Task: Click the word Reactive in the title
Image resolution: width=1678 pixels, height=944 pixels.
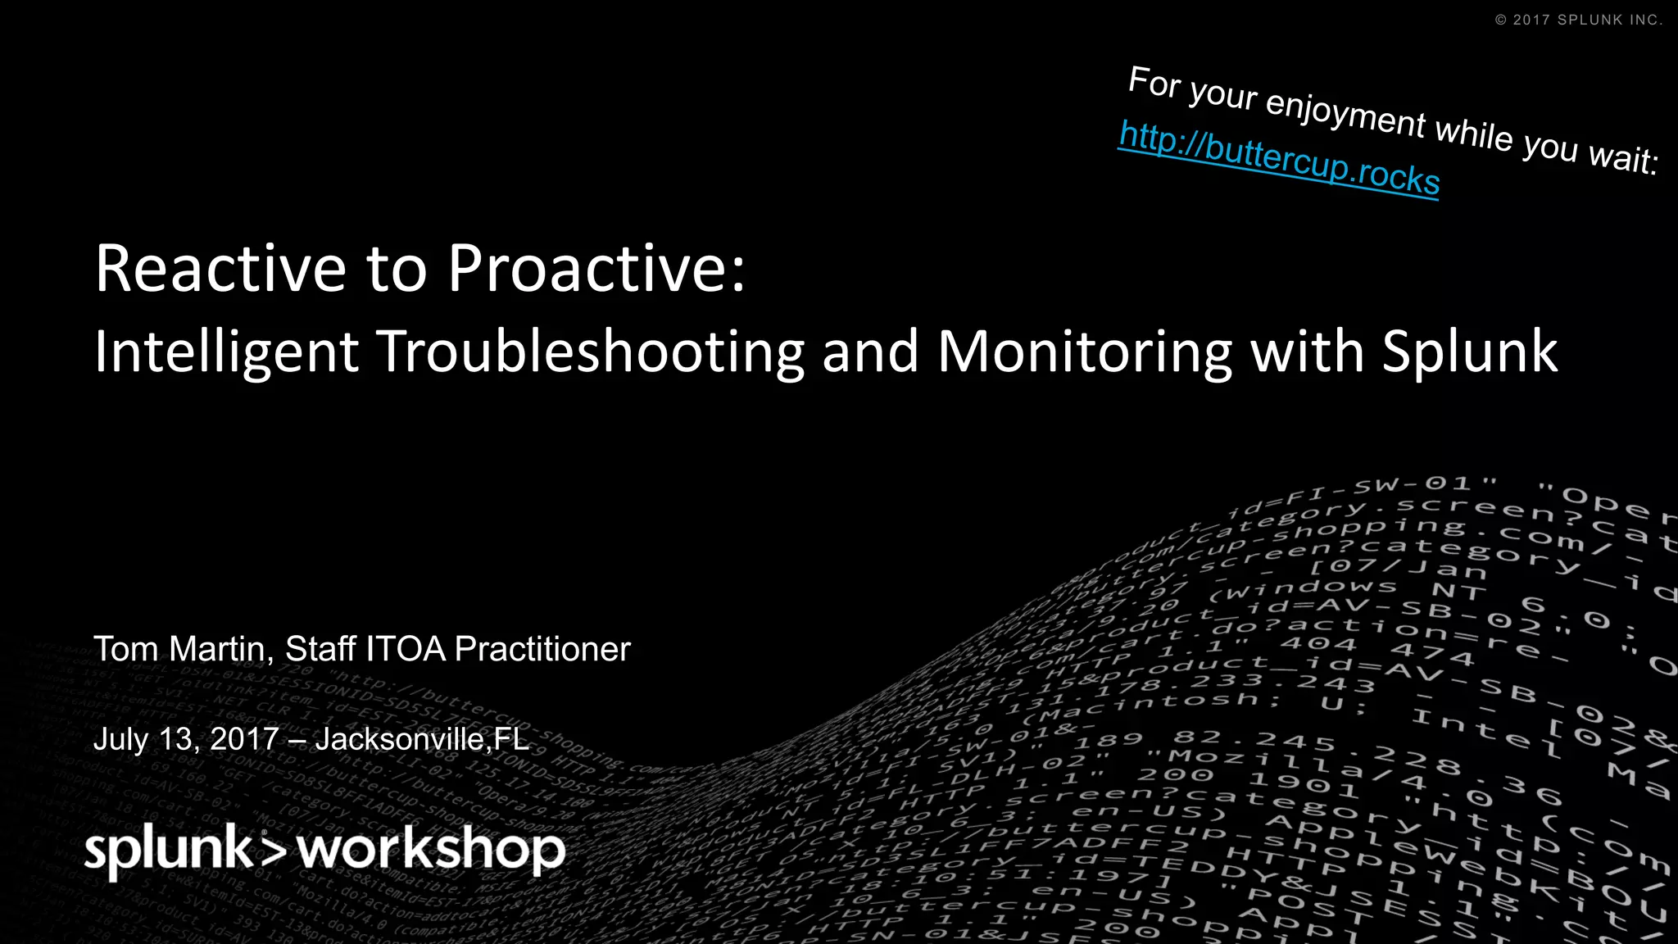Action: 220,269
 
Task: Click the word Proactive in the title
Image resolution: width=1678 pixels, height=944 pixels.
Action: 596,269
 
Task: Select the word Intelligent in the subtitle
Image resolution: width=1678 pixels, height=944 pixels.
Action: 226,352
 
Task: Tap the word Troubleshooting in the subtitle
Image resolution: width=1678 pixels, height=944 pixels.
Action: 590,352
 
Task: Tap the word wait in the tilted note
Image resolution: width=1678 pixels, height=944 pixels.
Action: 1622,157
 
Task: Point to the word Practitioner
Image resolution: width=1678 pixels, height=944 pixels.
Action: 542,649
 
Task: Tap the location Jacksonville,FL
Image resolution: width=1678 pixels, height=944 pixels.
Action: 422,739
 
